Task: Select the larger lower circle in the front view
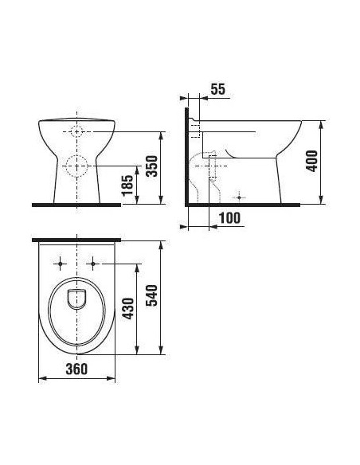pyautogui.click(x=76, y=166)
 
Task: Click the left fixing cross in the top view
pyautogui.click(x=61, y=262)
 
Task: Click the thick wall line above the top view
pyautogui.click(x=76, y=239)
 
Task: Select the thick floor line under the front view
pyautogui.click(x=76, y=205)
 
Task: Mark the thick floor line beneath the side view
pyautogui.click(x=247, y=205)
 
